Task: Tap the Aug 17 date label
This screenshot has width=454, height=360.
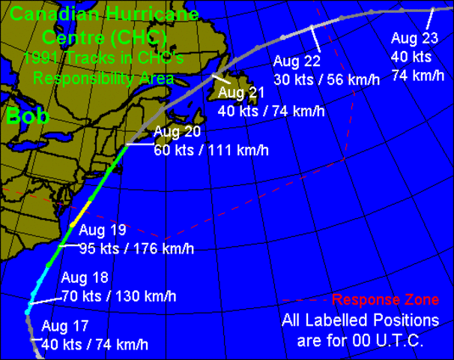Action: pyautogui.click(x=65, y=326)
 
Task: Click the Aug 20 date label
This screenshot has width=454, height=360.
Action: pyautogui.click(x=177, y=133)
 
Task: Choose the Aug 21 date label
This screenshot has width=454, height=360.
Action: pyautogui.click(x=242, y=93)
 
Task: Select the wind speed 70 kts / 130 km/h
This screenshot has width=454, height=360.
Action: pyautogui.click(x=118, y=296)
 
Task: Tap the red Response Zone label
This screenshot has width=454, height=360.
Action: pyautogui.click(x=386, y=300)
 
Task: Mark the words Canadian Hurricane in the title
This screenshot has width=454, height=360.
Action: pyautogui.click(x=105, y=14)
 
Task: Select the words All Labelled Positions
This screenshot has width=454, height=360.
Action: pyautogui.click(x=360, y=320)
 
